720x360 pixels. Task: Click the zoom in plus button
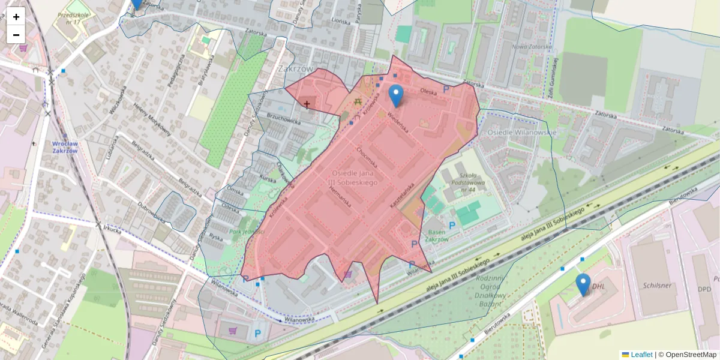[x=16, y=16]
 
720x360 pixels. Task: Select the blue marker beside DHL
[x=583, y=285]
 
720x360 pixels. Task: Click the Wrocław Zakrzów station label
[x=65, y=147]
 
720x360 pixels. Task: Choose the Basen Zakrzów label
[x=436, y=236]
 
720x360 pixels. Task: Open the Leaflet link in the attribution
[x=641, y=355]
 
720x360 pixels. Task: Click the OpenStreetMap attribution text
[x=691, y=355]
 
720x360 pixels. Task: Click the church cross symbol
[x=307, y=104]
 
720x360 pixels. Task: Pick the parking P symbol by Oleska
[x=446, y=89]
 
